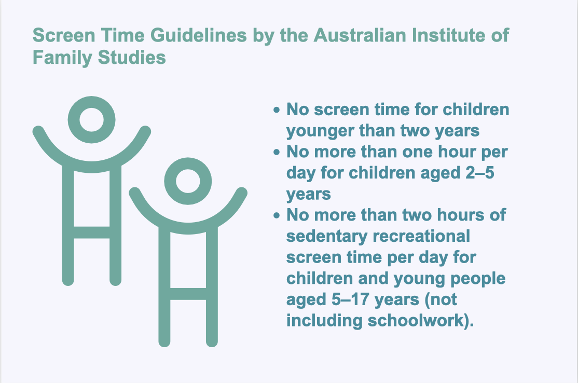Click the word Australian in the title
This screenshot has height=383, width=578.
pos(360,35)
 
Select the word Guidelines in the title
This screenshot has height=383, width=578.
pos(198,35)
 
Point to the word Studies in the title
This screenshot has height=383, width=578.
pos(132,58)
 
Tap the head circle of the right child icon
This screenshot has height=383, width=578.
pos(188,158)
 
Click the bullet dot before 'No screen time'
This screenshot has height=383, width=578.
pos(277,110)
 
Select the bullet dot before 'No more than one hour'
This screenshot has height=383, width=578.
pos(277,152)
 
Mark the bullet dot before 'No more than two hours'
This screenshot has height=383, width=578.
pos(277,215)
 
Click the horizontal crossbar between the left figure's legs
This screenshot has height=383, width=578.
pos(92,232)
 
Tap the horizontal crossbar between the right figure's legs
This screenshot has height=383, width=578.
pos(188,294)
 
